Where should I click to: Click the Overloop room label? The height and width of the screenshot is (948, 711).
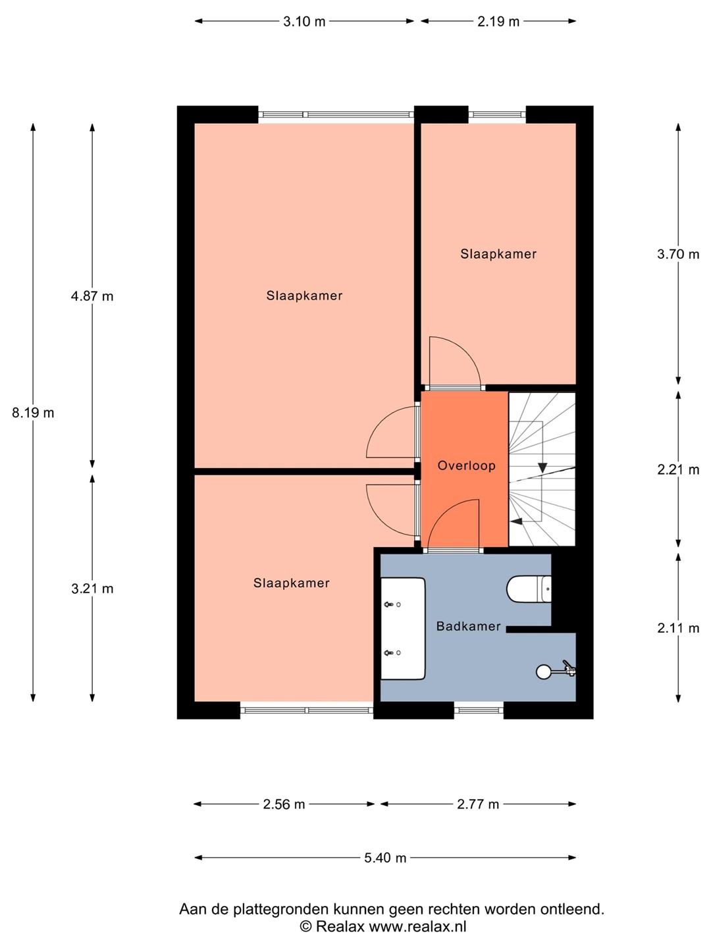coord(466,465)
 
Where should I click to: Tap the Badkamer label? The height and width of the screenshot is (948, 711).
coord(468,626)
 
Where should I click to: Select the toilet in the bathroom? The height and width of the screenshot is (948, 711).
coord(529,589)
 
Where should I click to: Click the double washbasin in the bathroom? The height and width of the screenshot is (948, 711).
coord(403,629)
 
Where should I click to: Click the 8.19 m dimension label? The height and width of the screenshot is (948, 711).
coord(33,413)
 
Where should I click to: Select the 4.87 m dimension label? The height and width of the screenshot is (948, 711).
coord(92,296)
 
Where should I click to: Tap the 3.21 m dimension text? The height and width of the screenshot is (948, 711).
coord(92,589)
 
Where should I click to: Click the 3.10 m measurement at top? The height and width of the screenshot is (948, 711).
coord(304,22)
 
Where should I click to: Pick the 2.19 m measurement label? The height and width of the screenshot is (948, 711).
coord(498,22)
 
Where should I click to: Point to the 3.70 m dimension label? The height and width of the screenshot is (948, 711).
coord(678,254)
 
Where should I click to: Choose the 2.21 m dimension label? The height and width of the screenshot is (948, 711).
coord(678,469)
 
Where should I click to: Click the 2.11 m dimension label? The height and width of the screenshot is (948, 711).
coord(678,628)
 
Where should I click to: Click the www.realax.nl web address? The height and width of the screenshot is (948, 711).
coord(417,926)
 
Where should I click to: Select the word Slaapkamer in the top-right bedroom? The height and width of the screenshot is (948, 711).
coord(498,254)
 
